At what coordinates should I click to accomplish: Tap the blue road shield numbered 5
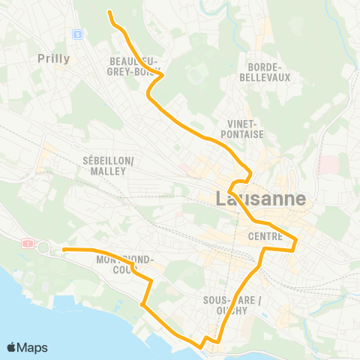pos(77,34)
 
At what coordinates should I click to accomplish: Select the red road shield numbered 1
pos(28,243)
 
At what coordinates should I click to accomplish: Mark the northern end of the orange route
pos(109,13)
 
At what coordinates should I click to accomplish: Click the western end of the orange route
pos(64,249)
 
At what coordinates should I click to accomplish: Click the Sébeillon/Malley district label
pos(109,166)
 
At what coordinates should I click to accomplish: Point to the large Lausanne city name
pos(260,199)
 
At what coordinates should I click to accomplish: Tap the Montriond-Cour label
pos(124,265)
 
